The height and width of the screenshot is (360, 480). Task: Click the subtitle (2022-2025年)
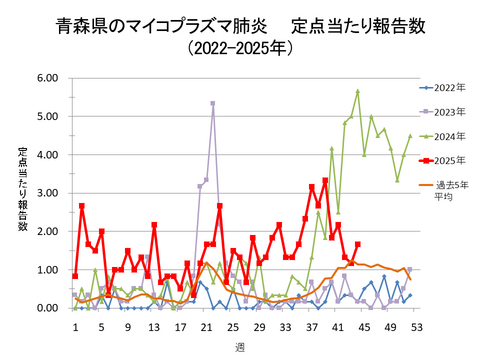click(240, 48)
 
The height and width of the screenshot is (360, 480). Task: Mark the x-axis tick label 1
click(75, 326)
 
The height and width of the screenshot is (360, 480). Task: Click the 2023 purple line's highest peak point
click(213, 103)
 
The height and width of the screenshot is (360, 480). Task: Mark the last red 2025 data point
click(358, 244)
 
